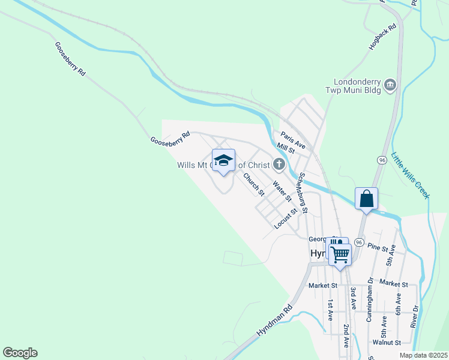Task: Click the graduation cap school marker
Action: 223,160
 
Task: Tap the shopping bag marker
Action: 366,199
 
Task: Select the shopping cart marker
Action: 340,254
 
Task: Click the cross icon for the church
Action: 279,163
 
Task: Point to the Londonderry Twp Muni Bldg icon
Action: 391,85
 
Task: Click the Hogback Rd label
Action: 384,37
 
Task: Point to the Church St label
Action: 253,184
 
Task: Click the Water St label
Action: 282,191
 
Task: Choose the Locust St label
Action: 286,219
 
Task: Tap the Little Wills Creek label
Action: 410,175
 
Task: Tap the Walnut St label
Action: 386,343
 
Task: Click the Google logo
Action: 20,353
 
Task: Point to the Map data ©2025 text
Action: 423,355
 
